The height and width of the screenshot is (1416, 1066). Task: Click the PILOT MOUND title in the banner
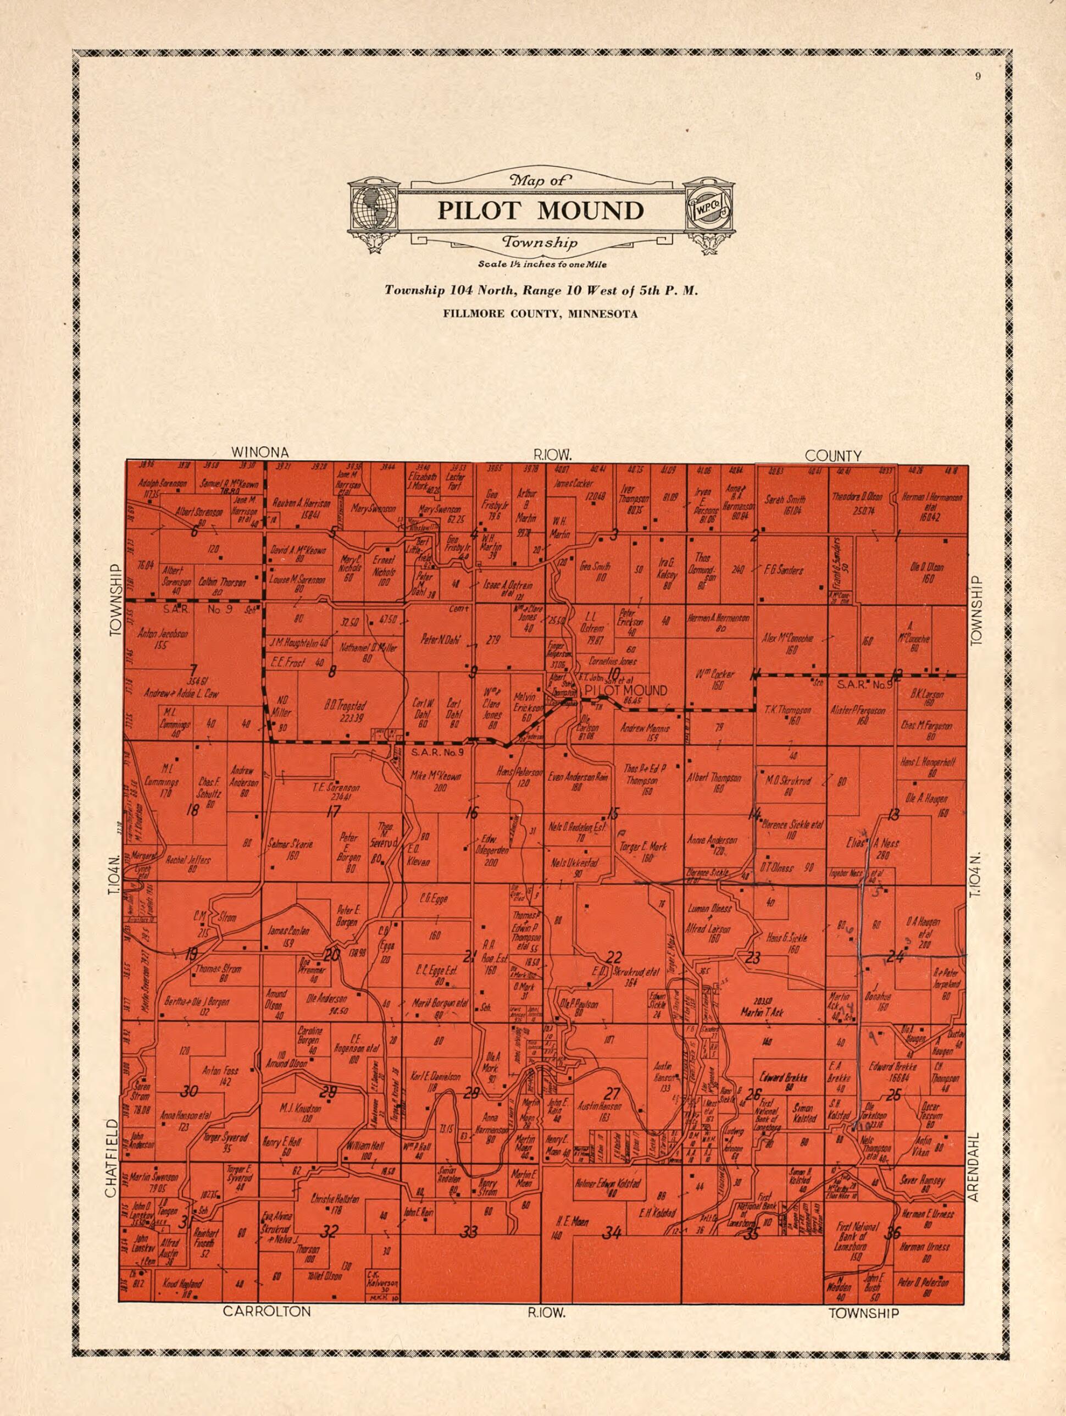point(540,210)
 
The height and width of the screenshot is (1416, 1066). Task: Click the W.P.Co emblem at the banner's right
point(708,207)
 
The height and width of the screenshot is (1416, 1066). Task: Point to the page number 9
point(978,78)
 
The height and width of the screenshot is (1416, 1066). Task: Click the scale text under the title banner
point(541,264)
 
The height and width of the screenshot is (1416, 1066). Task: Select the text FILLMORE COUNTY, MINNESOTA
point(541,314)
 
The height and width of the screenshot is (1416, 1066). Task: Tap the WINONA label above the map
point(259,452)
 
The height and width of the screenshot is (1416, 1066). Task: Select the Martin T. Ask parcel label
point(762,1011)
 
